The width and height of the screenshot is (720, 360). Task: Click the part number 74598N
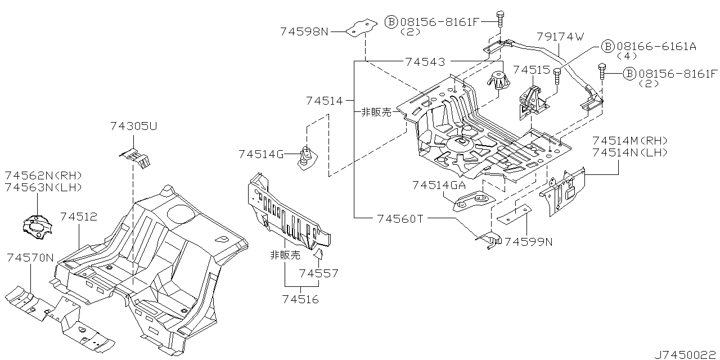304,32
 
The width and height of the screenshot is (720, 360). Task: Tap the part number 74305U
134,127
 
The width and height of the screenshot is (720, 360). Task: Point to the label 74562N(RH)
43,175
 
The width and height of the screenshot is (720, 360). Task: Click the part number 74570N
30,258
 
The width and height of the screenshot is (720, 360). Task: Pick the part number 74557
319,274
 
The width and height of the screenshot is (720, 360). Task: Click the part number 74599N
528,242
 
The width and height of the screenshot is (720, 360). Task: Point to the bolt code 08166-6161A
656,46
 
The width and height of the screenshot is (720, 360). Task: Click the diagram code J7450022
686,354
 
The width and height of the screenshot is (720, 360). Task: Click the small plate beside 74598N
361,28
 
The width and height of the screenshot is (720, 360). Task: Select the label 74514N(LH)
629,152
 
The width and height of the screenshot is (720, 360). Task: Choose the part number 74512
79,216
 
